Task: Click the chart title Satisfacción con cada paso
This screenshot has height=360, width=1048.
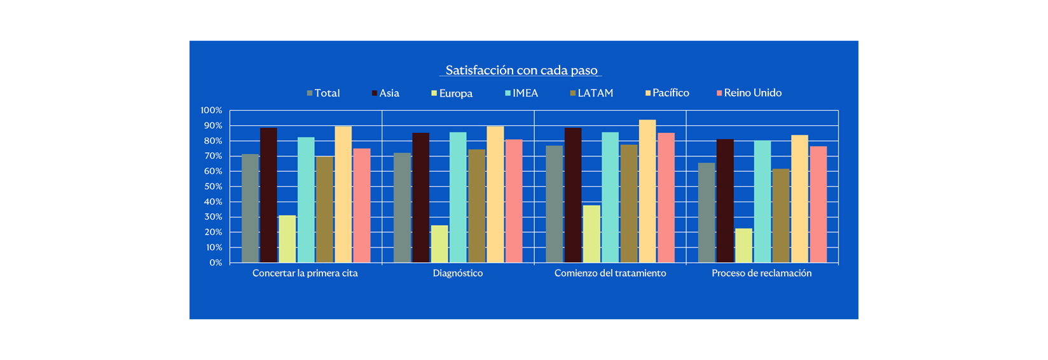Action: [x=521, y=70]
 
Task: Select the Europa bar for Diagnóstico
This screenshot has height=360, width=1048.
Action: [x=439, y=244]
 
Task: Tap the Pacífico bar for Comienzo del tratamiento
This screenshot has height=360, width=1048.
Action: [x=647, y=191]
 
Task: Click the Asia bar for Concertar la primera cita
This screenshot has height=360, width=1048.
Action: [x=268, y=195]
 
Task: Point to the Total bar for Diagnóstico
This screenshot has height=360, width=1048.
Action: [x=402, y=207]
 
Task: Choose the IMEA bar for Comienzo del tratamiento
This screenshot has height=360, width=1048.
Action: [x=610, y=197]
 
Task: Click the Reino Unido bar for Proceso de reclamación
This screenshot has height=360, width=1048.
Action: [x=818, y=204]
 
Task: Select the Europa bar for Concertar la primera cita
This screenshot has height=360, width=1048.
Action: [x=287, y=239]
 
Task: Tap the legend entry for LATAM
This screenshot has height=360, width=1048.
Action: [x=592, y=93]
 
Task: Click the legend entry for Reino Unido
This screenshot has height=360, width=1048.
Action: [x=749, y=93]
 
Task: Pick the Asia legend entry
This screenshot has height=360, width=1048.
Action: [x=386, y=93]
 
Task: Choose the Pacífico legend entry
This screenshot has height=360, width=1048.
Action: [x=667, y=93]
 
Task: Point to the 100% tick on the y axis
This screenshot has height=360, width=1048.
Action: [x=212, y=111]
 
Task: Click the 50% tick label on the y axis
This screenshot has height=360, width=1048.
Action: [x=213, y=186]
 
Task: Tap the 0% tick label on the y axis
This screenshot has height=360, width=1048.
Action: [x=216, y=263]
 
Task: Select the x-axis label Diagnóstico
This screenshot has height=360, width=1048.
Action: [x=458, y=273]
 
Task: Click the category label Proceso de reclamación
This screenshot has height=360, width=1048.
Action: [x=761, y=273]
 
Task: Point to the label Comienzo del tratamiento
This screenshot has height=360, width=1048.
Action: [x=610, y=273]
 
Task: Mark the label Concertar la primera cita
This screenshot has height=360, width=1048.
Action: [x=305, y=273]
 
